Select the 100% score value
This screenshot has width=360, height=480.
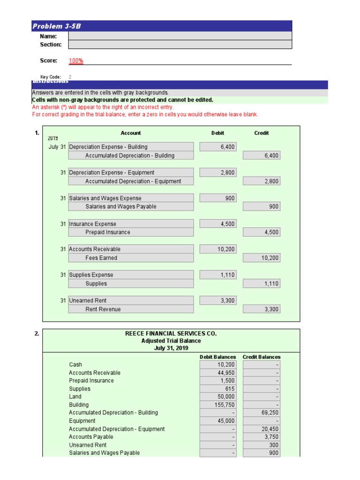click(x=76, y=60)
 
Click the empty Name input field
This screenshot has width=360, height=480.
click(x=180, y=36)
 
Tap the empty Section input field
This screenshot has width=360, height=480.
click(x=180, y=45)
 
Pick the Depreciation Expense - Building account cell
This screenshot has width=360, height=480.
click(x=131, y=147)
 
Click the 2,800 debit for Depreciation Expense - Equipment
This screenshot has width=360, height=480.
click(x=218, y=172)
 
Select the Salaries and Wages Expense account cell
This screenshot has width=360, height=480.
click(x=131, y=198)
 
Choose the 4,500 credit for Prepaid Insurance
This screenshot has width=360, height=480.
click(x=262, y=232)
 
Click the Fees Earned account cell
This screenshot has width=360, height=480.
click(x=131, y=258)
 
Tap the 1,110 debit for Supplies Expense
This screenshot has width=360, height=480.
click(x=218, y=275)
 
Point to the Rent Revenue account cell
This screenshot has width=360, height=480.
click(x=131, y=309)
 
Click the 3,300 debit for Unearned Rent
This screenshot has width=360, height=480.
click(x=218, y=300)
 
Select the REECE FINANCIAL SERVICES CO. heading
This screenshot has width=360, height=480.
click(x=171, y=333)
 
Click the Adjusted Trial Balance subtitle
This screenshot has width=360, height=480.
click(x=171, y=341)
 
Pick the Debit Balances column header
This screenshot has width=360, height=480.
click(x=218, y=357)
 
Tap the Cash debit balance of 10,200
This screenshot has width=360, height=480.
click(x=218, y=365)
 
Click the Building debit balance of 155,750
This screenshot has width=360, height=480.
click(x=218, y=405)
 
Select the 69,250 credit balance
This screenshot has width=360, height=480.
click(x=262, y=413)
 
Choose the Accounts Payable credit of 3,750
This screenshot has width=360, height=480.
click(x=262, y=437)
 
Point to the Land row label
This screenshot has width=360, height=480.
click(x=75, y=397)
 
